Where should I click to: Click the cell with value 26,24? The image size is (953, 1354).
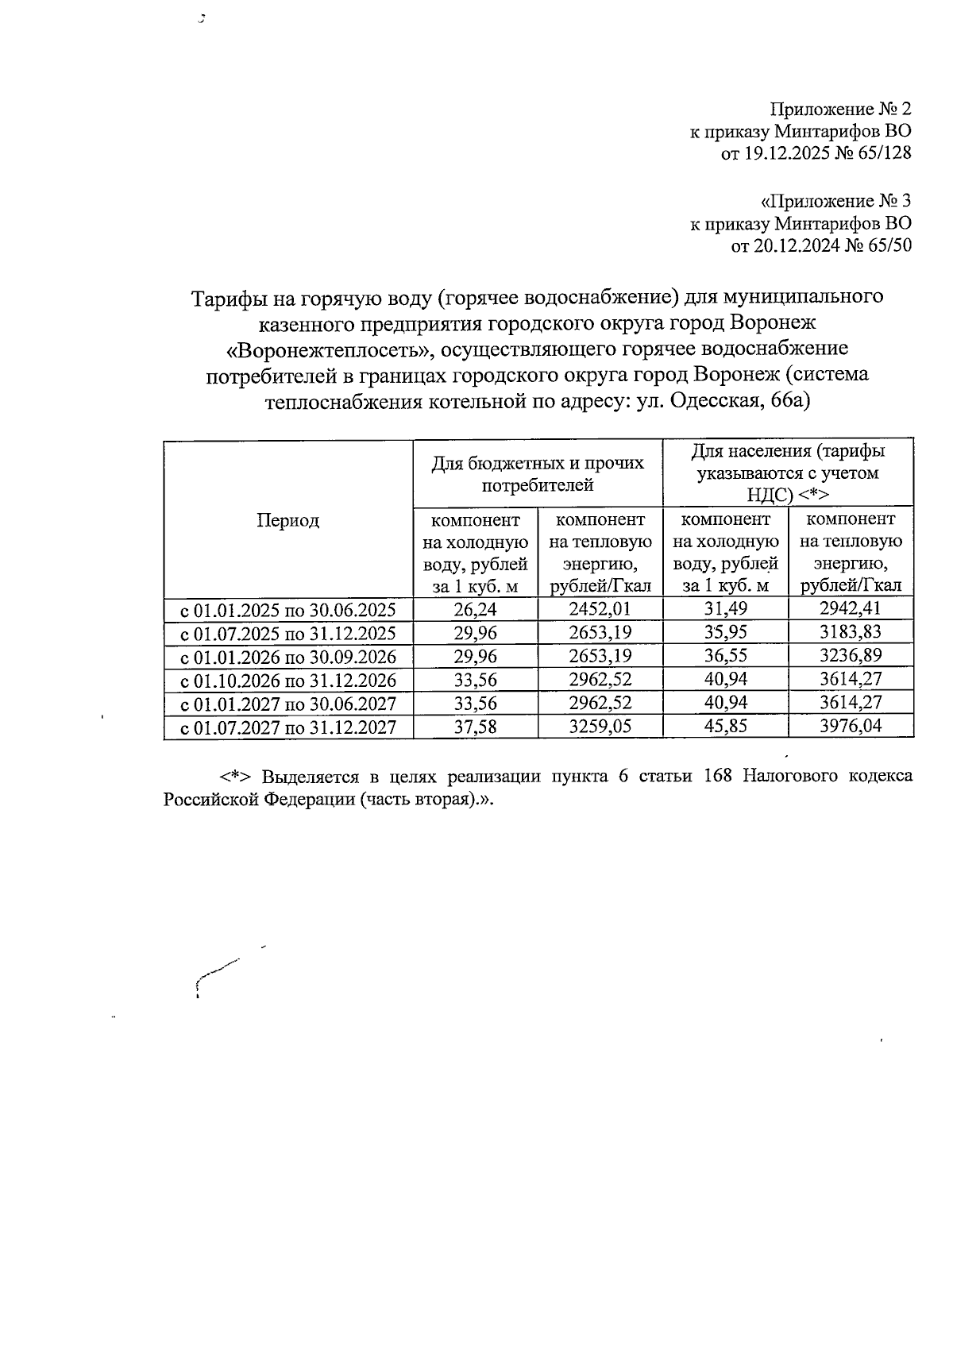[x=475, y=609]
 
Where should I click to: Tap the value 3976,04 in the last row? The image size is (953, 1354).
[x=851, y=725]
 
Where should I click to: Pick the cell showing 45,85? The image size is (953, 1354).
[x=725, y=725]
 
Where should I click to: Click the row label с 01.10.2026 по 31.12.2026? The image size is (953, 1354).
[x=288, y=680]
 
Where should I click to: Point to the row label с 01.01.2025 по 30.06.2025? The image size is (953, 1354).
[x=288, y=610]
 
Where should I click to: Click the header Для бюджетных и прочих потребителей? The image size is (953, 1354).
[x=538, y=473]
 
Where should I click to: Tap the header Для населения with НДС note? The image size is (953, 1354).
[x=788, y=473]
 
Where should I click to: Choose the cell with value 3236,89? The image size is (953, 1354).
[x=851, y=656]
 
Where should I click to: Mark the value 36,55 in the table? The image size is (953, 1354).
[x=725, y=656]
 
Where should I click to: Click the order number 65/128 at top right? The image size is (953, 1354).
[x=884, y=152]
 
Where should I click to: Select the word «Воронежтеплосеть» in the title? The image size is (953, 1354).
[x=328, y=349]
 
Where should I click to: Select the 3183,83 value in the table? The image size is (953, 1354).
[x=851, y=633]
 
